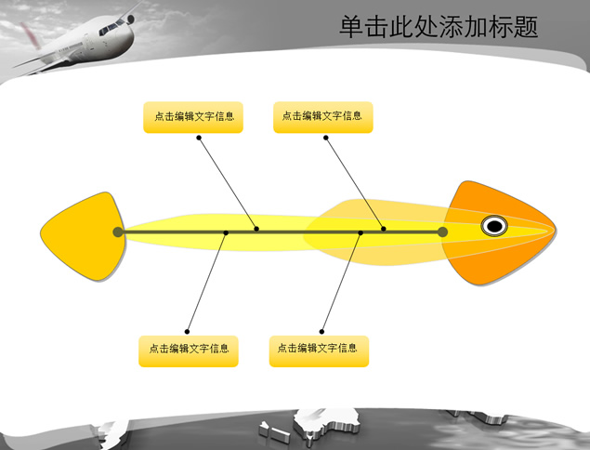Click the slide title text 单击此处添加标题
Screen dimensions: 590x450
coord(439,27)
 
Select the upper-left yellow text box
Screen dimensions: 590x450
coord(193,117)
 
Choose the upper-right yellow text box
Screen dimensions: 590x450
coord(322,117)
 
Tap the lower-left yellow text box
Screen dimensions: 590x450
coord(189,351)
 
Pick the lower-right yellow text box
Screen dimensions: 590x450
coord(319,351)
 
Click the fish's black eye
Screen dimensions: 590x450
coord(494,226)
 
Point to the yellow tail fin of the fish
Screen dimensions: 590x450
coord(84,236)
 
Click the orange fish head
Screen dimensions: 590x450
coord(499,232)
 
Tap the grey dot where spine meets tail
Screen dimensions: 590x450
coord(118,232)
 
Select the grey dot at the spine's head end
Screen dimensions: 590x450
coord(442,232)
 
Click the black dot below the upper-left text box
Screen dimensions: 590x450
coord(199,138)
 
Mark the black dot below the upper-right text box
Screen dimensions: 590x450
coord(326,138)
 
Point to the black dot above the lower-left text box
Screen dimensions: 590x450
coord(187,332)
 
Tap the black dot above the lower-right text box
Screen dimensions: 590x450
coord(321,332)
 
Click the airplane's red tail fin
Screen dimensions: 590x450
coord(31,35)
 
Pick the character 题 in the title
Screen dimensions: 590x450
coord(525,27)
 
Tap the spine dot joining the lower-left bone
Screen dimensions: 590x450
coord(226,232)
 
